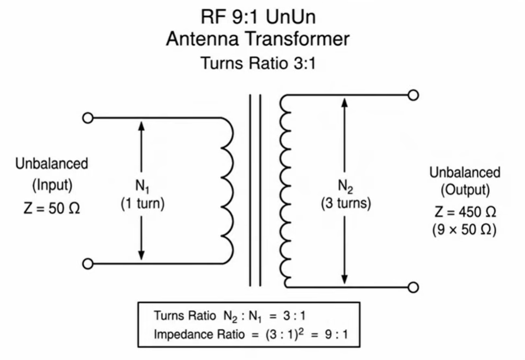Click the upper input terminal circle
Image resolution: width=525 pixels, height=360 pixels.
88,118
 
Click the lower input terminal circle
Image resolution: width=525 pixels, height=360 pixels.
88,264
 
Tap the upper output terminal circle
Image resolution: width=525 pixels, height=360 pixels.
414,95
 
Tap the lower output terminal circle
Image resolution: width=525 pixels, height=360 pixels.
414,287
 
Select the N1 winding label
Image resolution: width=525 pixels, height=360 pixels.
142,186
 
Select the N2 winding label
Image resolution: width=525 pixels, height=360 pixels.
346,186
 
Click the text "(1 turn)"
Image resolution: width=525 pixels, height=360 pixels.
142,204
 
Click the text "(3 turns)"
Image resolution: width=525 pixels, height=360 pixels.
346,204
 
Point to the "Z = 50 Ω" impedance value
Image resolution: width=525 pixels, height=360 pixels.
52,209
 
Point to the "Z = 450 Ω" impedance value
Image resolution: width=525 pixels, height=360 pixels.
465,212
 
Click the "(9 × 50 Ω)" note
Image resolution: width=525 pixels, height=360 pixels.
464,230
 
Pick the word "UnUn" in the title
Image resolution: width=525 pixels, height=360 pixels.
291,17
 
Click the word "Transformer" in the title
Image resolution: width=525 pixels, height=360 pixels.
298,38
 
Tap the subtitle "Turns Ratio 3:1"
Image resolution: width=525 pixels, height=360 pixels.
258,63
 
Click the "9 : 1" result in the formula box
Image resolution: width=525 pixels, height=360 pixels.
336,334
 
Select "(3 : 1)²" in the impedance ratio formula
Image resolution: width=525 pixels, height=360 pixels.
285,334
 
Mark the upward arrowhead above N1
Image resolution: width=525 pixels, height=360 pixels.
141,126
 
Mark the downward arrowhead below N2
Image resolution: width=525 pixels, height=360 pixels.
344,279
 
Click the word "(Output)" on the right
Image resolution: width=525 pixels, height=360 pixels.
465,190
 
